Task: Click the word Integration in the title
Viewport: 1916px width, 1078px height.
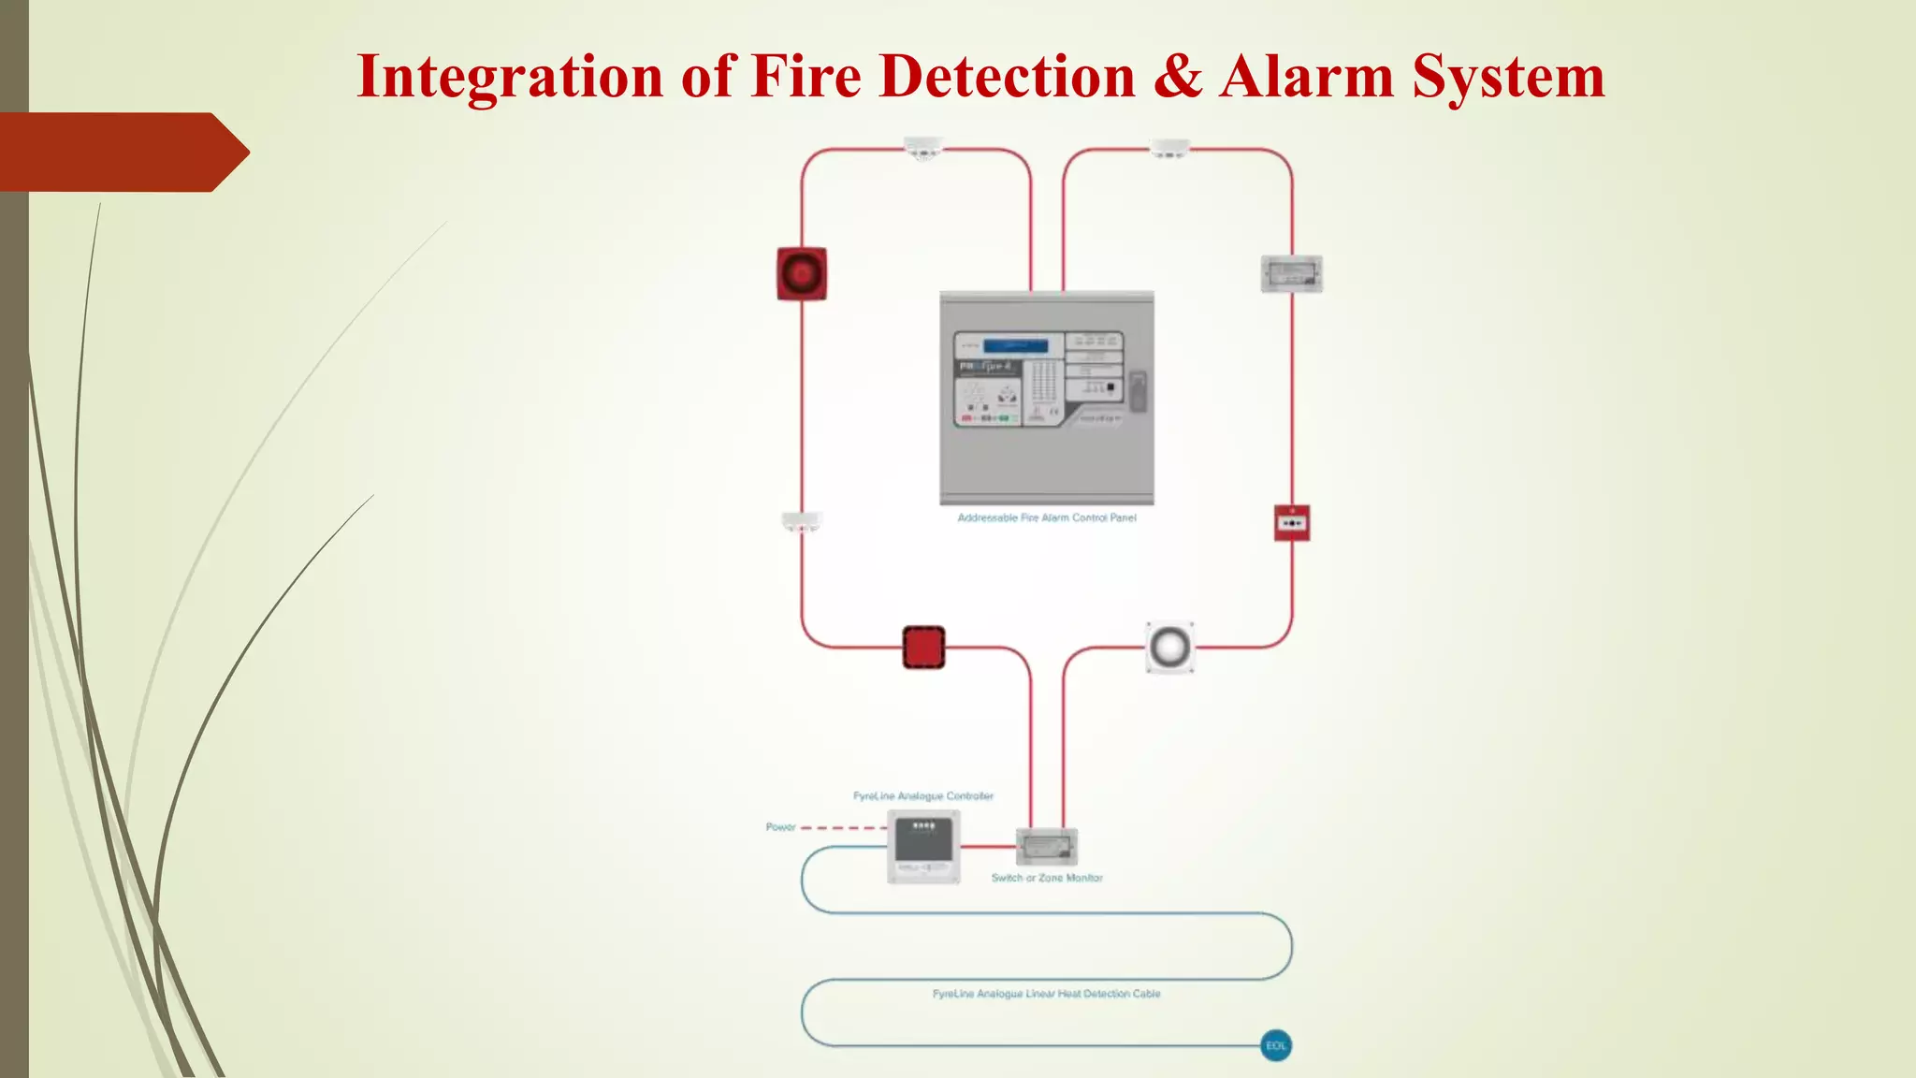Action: (x=509, y=77)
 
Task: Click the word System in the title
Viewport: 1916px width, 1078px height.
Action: (x=1507, y=77)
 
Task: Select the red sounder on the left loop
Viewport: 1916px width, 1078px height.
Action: (x=802, y=273)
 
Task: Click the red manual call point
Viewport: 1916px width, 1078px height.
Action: (x=1292, y=523)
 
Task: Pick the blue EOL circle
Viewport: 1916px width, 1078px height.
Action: (x=1276, y=1045)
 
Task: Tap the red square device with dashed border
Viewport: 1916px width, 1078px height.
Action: (x=923, y=648)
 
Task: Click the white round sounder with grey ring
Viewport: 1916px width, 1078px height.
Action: (x=1169, y=647)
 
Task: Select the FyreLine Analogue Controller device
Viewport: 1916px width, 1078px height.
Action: (x=923, y=846)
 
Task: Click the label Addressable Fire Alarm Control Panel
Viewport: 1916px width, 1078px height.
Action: (x=1046, y=517)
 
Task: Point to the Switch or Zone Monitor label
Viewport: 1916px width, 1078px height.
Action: (x=1047, y=878)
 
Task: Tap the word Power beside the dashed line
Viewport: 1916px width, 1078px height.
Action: (x=780, y=827)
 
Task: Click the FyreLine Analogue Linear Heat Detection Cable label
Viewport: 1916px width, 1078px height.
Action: (x=1046, y=994)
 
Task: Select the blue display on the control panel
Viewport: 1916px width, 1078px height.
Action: (x=1015, y=345)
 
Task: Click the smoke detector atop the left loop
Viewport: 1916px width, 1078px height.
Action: (x=923, y=149)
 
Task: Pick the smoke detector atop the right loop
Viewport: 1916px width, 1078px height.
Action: (x=1169, y=149)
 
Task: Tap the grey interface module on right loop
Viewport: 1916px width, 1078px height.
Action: (x=1291, y=274)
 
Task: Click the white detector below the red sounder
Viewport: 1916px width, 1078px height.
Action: (x=801, y=521)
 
